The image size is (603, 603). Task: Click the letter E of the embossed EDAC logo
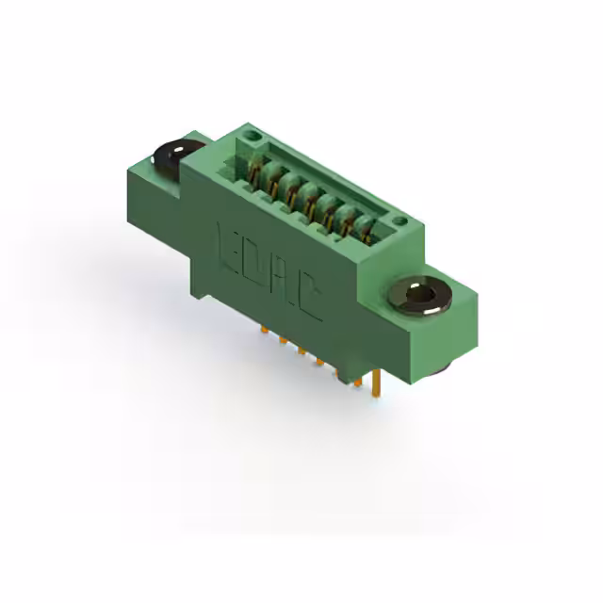coord(228,246)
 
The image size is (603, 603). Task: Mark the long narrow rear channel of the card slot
coord(325,179)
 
